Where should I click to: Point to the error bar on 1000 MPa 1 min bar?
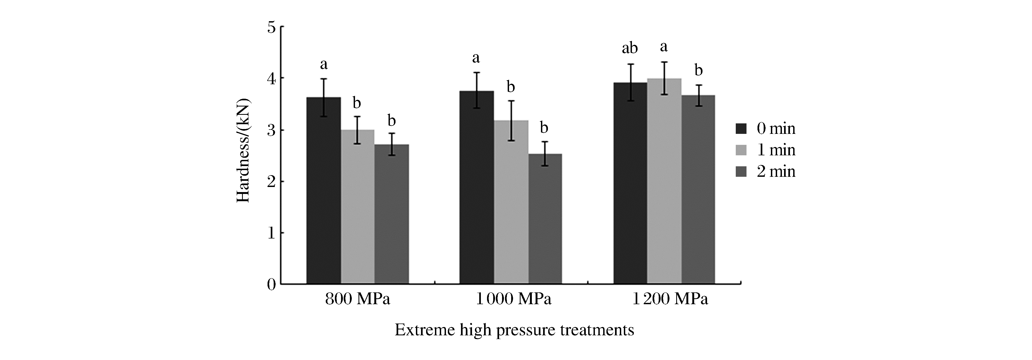click(x=511, y=120)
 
